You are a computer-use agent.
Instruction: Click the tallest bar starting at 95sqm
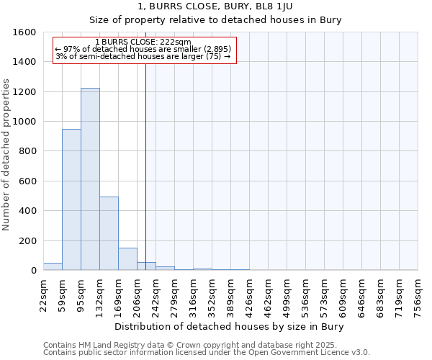(90, 179)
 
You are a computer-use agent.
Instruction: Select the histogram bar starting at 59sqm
(71, 199)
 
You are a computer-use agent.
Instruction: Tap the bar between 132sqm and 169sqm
(109, 233)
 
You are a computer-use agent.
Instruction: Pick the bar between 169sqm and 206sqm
(127, 259)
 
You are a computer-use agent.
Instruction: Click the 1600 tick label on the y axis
(25, 32)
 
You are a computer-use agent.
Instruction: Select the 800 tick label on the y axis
(28, 151)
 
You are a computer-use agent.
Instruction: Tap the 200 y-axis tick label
(28, 240)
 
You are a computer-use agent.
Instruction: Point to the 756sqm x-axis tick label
(418, 294)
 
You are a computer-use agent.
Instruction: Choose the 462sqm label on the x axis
(268, 294)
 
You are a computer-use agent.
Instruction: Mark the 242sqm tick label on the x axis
(156, 294)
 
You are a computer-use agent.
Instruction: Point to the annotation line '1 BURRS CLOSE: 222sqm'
(143, 42)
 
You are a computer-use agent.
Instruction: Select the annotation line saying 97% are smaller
(143, 49)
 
